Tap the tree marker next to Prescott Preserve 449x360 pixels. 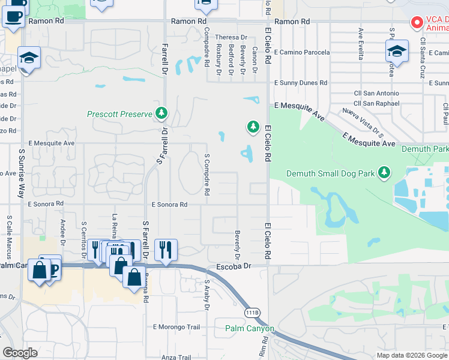point(161,113)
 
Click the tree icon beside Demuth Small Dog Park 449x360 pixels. point(384,173)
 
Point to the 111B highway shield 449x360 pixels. point(252,313)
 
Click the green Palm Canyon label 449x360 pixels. point(250,328)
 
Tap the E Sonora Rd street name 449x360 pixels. point(169,205)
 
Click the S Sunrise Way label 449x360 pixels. point(21,175)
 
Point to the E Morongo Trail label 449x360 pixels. point(176,327)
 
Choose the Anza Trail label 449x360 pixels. point(176,357)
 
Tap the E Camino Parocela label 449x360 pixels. point(301,52)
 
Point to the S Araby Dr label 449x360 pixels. point(206,295)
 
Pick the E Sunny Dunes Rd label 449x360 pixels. point(300,83)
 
